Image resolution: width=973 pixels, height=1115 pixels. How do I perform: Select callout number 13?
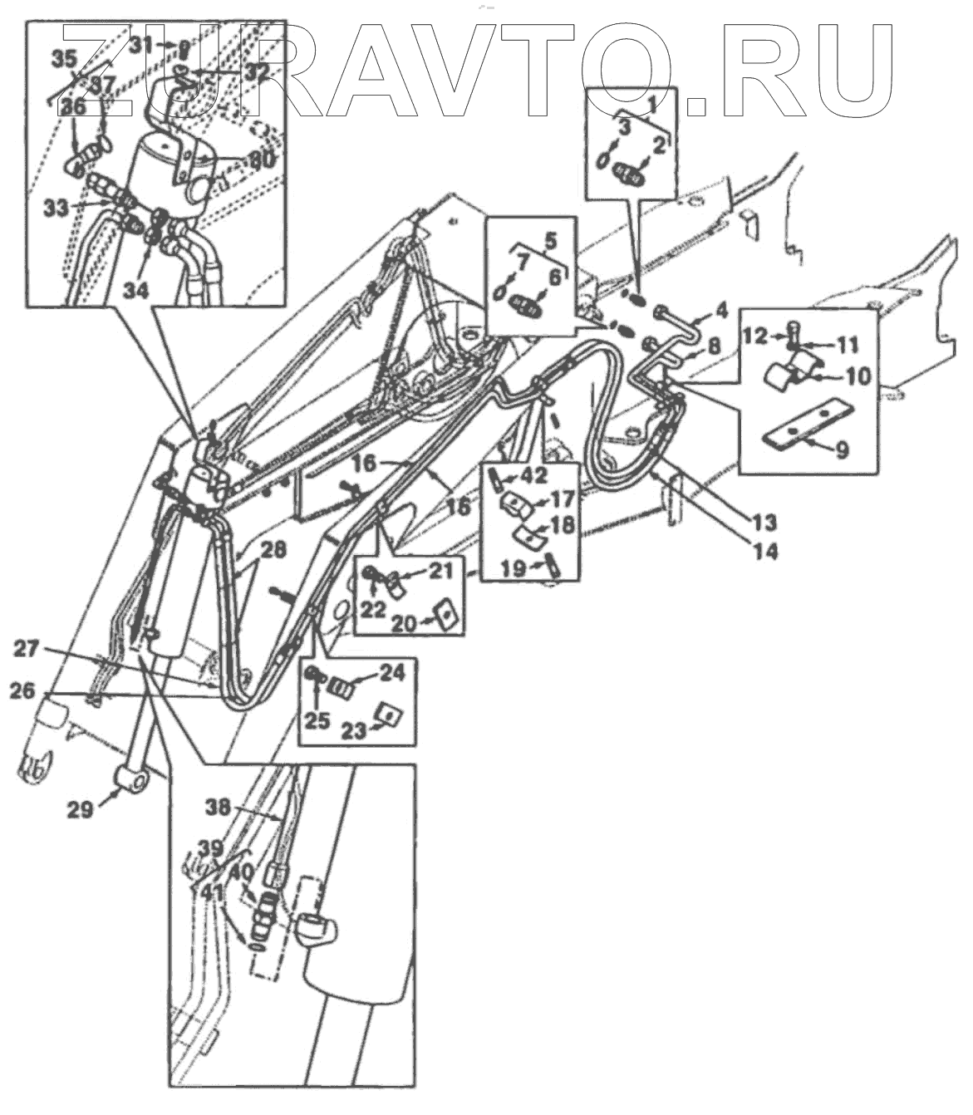[764, 523]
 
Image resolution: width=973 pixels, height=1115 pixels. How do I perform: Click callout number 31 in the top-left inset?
[141, 44]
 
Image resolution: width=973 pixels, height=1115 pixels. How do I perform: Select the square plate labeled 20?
[445, 616]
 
